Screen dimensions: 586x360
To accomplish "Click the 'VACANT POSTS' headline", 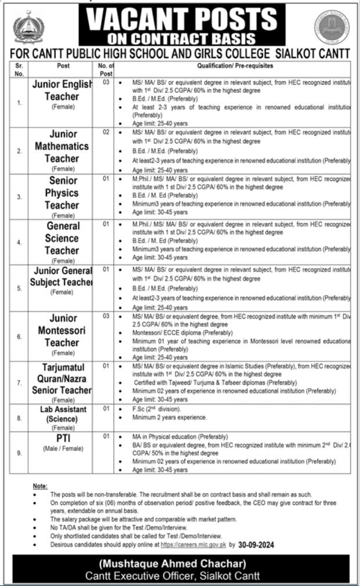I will pyautogui.click(x=185, y=19).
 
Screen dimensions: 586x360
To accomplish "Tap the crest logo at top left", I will pyautogui.click(x=29, y=28).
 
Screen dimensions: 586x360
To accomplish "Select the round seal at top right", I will pyautogui.click(x=332, y=28).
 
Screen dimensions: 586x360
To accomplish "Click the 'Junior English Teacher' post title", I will pyautogui.click(x=62, y=91).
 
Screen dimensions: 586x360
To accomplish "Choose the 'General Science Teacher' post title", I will pyautogui.click(x=63, y=238).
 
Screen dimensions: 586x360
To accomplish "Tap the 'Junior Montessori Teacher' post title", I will pyautogui.click(x=63, y=330).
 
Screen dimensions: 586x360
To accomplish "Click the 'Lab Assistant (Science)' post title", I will pyautogui.click(x=63, y=414).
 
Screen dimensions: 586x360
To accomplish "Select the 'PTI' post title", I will pyautogui.click(x=62, y=437).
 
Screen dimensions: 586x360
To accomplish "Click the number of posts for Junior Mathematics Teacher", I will pyautogui.click(x=106, y=133).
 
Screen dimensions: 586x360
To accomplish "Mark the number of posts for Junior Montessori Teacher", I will pyautogui.click(x=106, y=316).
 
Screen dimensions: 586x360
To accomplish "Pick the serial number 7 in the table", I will pyautogui.click(x=19, y=384).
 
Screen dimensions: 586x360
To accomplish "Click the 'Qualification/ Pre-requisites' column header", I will pyautogui.click(x=235, y=66).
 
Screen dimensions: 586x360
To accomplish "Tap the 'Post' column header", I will pyautogui.click(x=63, y=66).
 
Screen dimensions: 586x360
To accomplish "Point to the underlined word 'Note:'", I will pyautogui.click(x=40, y=485).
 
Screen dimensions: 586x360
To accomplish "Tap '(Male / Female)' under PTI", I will pyautogui.click(x=63, y=449).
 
